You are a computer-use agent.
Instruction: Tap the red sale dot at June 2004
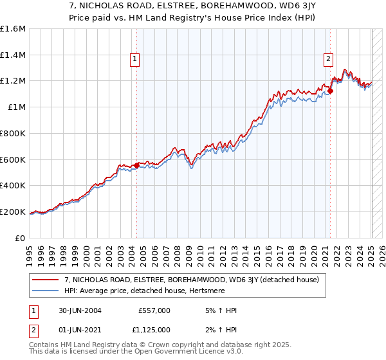tap(136, 165)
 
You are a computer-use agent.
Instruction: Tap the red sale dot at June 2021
tap(330, 91)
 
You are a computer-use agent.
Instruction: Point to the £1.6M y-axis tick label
tap(13, 29)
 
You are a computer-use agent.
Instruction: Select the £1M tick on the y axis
tap(17, 107)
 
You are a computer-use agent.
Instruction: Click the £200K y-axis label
tap(13, 212)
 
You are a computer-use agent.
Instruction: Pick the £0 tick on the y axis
tap(21, 238)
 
